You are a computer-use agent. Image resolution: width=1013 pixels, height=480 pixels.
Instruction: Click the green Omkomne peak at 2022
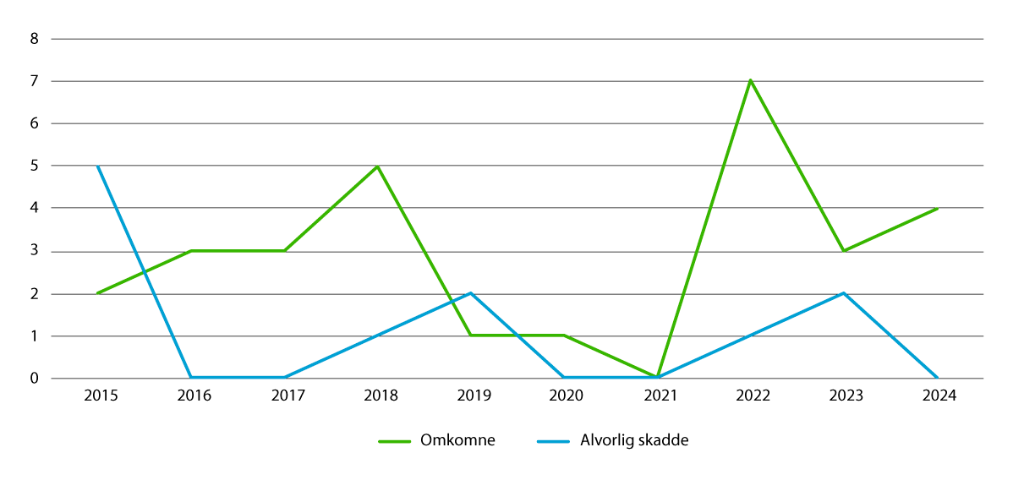[750, 81]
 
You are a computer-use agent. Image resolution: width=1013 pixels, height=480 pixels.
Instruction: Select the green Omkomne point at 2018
[378, 166]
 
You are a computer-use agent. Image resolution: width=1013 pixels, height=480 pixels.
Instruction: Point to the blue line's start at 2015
[98, 166]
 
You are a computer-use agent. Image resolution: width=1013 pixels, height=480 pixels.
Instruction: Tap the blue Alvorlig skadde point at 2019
[471, 293]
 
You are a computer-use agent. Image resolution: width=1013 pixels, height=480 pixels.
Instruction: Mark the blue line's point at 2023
[844, 293]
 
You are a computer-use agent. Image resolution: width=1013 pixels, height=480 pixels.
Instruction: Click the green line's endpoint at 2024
[937, 209]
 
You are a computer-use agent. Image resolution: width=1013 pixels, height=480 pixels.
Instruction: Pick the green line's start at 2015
[98, 293]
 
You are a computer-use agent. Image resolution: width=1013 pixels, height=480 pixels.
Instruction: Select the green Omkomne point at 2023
[844, 251]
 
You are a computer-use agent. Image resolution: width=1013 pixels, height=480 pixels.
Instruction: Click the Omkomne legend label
[457, 440]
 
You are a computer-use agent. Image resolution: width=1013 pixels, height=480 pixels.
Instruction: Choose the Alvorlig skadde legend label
[634, 440]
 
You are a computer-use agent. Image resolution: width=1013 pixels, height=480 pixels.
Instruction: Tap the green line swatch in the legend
[393, 441]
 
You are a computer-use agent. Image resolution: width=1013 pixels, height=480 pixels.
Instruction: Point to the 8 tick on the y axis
[34, 39]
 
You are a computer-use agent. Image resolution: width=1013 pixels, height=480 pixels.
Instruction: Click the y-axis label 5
[34, 166]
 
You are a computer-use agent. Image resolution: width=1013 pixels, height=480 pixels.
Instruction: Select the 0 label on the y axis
[34, 379]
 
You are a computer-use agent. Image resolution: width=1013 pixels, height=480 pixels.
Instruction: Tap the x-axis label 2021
[657, 396]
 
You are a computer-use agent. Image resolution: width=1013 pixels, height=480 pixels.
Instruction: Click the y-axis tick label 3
[34, 251]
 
